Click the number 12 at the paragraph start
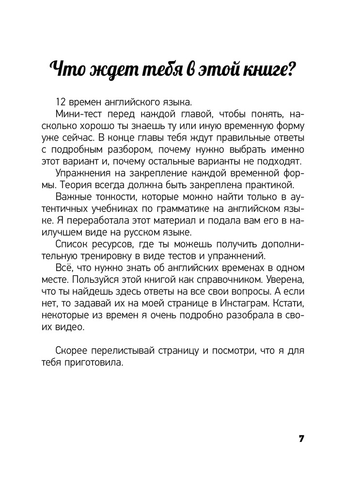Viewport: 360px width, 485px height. [61, 102]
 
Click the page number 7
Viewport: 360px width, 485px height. [301, 439]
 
